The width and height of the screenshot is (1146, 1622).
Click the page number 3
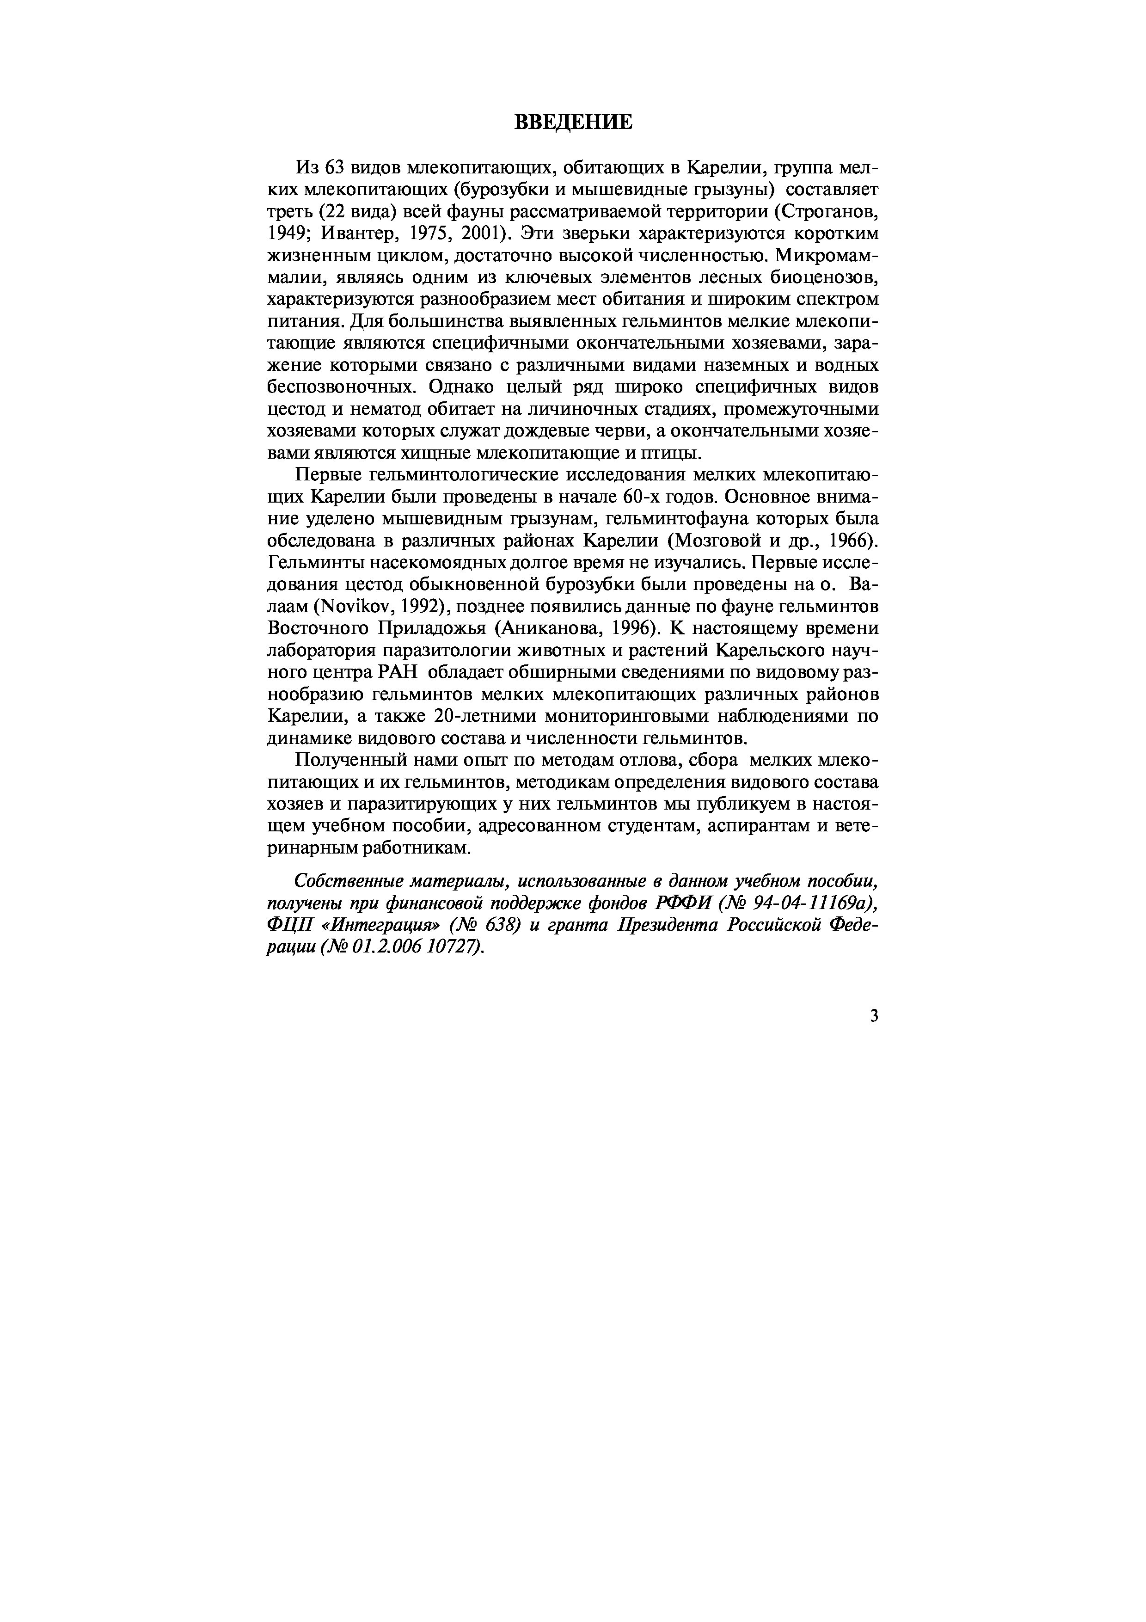[x=874, y=1017]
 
